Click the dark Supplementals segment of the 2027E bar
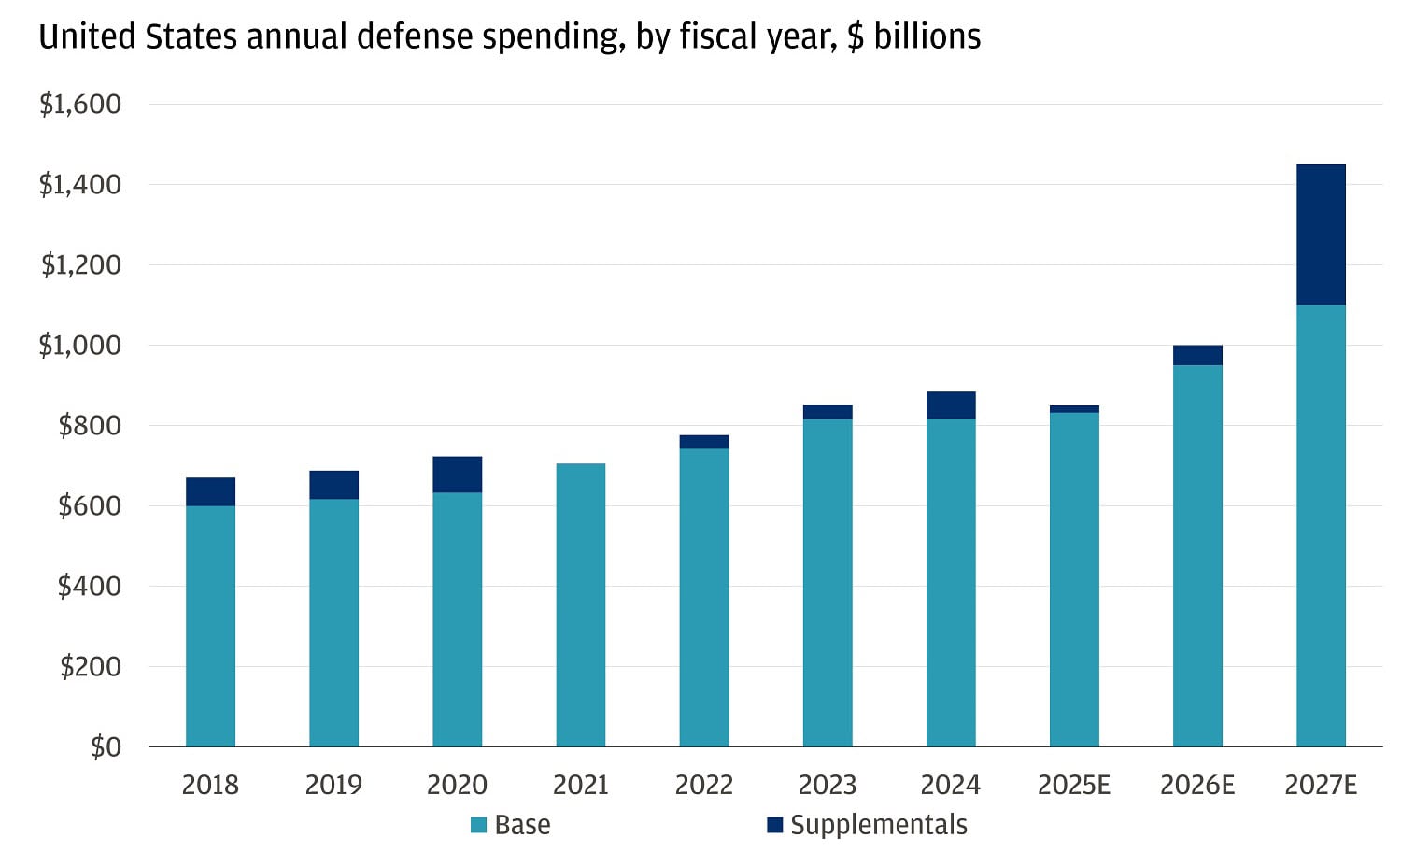coord(1321,234)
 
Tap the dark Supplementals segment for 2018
coord(210,491)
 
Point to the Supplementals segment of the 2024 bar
coord(951,405)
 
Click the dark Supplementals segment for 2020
coord(457,475)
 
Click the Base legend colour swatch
coord(478,825)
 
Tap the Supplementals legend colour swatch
coord(774,825)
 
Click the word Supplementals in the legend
coord(878,825)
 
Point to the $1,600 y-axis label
coord(80,104)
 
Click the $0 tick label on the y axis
coord(106,746)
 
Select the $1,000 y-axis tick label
coord(80,345)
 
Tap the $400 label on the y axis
coord(90,586)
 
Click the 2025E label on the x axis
coord(1074,785)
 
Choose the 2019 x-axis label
coord(333,785)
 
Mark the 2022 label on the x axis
coord(703,785)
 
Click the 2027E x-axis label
coord(1321,785)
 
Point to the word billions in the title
coord(927,36)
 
